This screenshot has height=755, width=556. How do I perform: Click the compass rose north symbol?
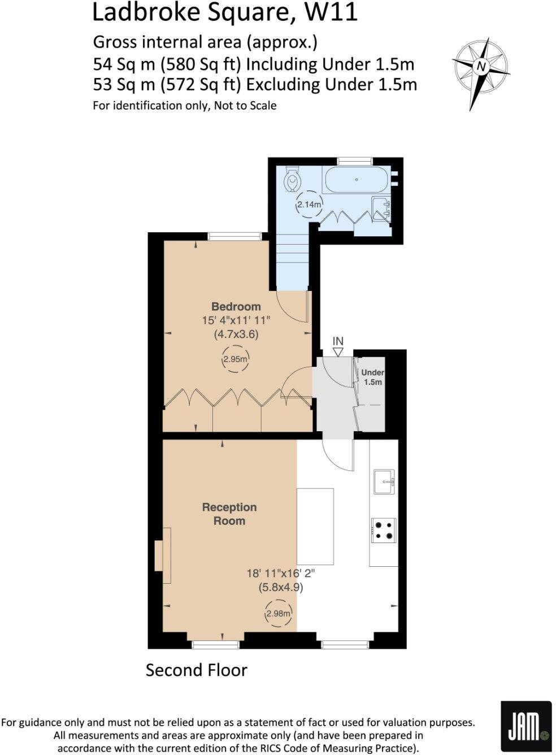[481, 67]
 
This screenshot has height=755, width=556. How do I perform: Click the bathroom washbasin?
[381, 208]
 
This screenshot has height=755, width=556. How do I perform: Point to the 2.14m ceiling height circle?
[309, 204]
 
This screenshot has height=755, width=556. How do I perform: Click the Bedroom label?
[236, 306]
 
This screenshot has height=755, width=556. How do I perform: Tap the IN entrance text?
[338, 341]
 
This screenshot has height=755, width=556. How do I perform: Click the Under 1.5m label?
[372, 377]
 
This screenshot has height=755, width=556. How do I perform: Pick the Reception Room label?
[229, 514]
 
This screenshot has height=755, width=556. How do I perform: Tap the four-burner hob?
[384, 530]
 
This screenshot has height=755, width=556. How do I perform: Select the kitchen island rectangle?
[315, 527]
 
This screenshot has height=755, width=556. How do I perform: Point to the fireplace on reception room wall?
[163, 555]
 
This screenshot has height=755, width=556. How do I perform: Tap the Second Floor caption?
[196, 670]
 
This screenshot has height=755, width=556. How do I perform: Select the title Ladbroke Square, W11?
[224, 12]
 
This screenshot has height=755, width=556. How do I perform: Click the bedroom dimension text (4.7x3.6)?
[236, 334]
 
